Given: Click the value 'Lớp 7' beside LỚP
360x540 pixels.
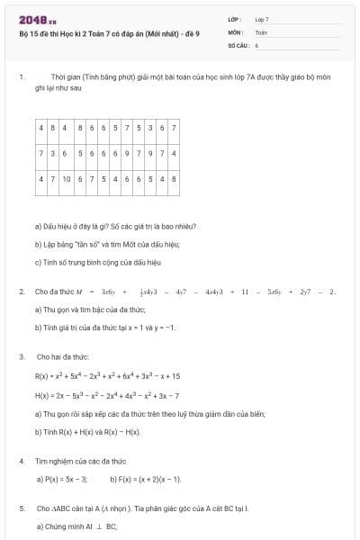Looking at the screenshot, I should click(262, 19).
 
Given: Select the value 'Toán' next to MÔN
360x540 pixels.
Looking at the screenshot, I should click(261, 31).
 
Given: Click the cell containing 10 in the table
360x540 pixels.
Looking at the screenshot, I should click(67, 179).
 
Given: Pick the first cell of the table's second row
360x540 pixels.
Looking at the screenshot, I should click(42, 153).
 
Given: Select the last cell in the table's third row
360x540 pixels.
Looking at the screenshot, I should click(173, 179).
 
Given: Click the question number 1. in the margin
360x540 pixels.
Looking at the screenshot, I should click(20, 78).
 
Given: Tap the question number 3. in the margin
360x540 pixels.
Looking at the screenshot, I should click(20, 357).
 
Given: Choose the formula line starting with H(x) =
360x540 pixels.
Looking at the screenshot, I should click(107, 395).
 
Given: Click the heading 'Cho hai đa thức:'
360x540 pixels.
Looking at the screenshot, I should click(62, 357).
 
